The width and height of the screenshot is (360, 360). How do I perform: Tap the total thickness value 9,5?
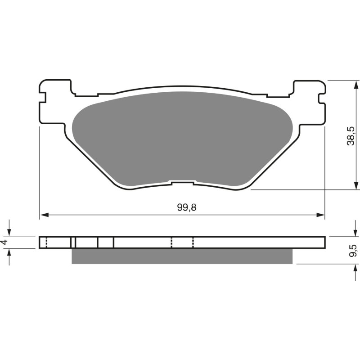pyautogui.click(x=353, y=250)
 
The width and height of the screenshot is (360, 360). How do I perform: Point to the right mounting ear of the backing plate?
pyautogui.click(x=309, y=101)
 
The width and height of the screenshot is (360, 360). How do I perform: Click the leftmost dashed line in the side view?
pyautogui.click(x=46, y=243)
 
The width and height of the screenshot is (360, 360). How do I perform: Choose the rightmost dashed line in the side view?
pyautogui.click(x=193, y=243)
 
